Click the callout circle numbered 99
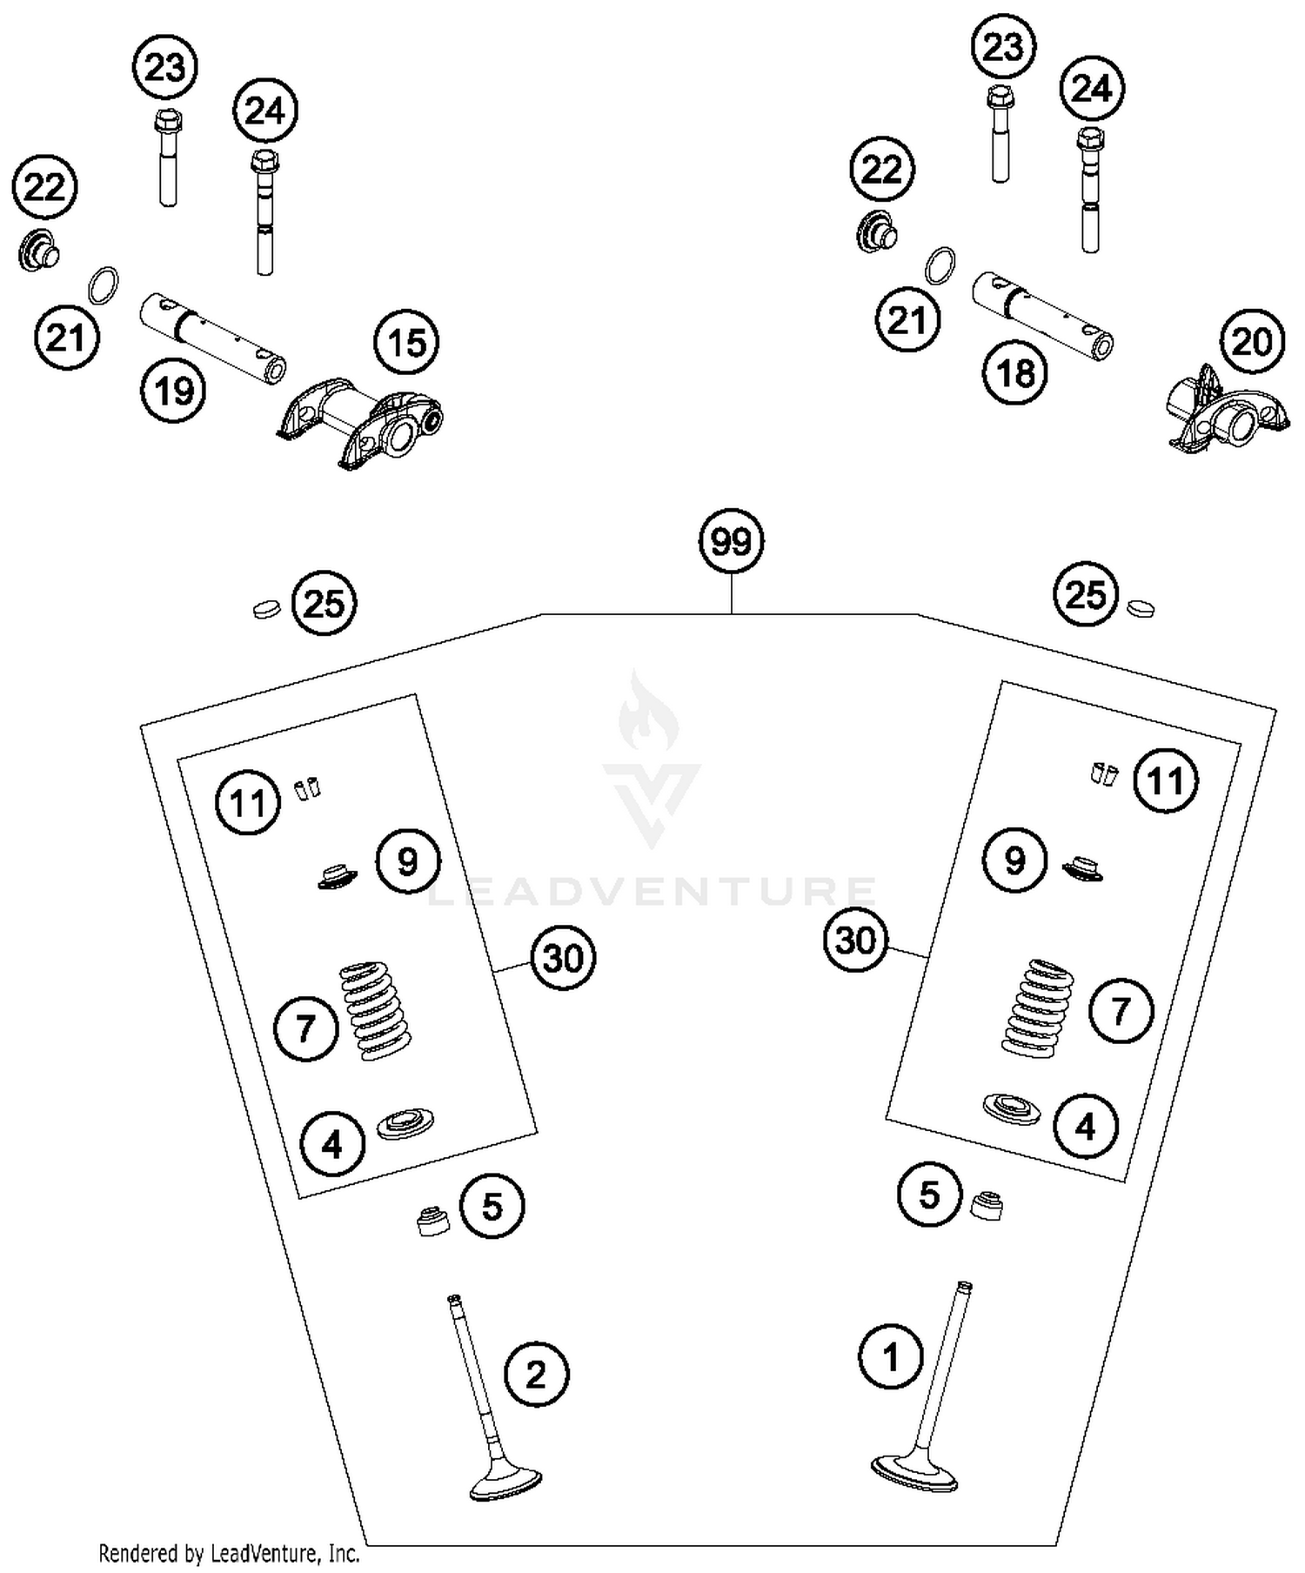(731, 541)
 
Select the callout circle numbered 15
(406, 343)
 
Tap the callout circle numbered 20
(1251, 341)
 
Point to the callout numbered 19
(173, 391)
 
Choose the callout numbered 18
(1015, 373)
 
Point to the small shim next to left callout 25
(265, 609)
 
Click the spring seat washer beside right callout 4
(1011, 1108)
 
